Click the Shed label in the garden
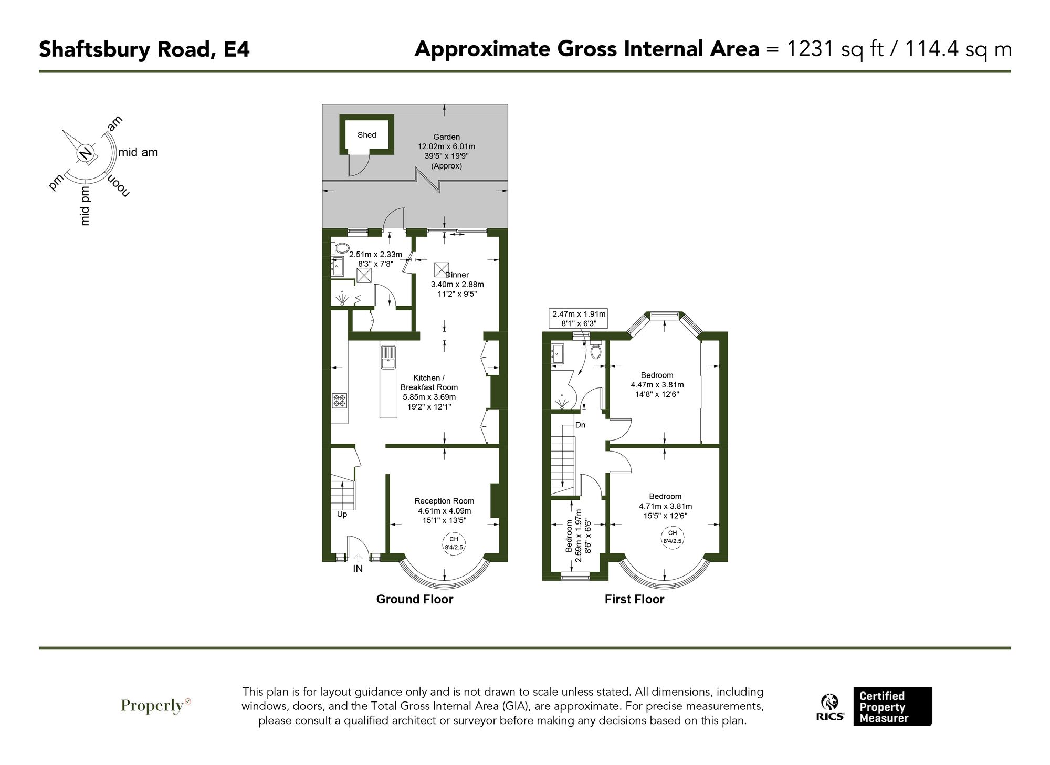pos(366,135)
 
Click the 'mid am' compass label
pos(138,153)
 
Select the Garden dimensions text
pos(446,151)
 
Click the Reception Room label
pos(444,501)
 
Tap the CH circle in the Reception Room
pos(453,543)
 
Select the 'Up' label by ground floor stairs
pos(342,515)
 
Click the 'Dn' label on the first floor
pos(580,425)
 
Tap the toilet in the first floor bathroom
pos(596,351)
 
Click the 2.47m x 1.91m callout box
pos(579,319)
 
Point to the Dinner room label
pos(457,275)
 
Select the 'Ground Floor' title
pos(414,599)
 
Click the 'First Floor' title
pos(634,599)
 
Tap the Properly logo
pos(155,706)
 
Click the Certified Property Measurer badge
pos(892,707)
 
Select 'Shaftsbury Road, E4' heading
pos(144,49)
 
